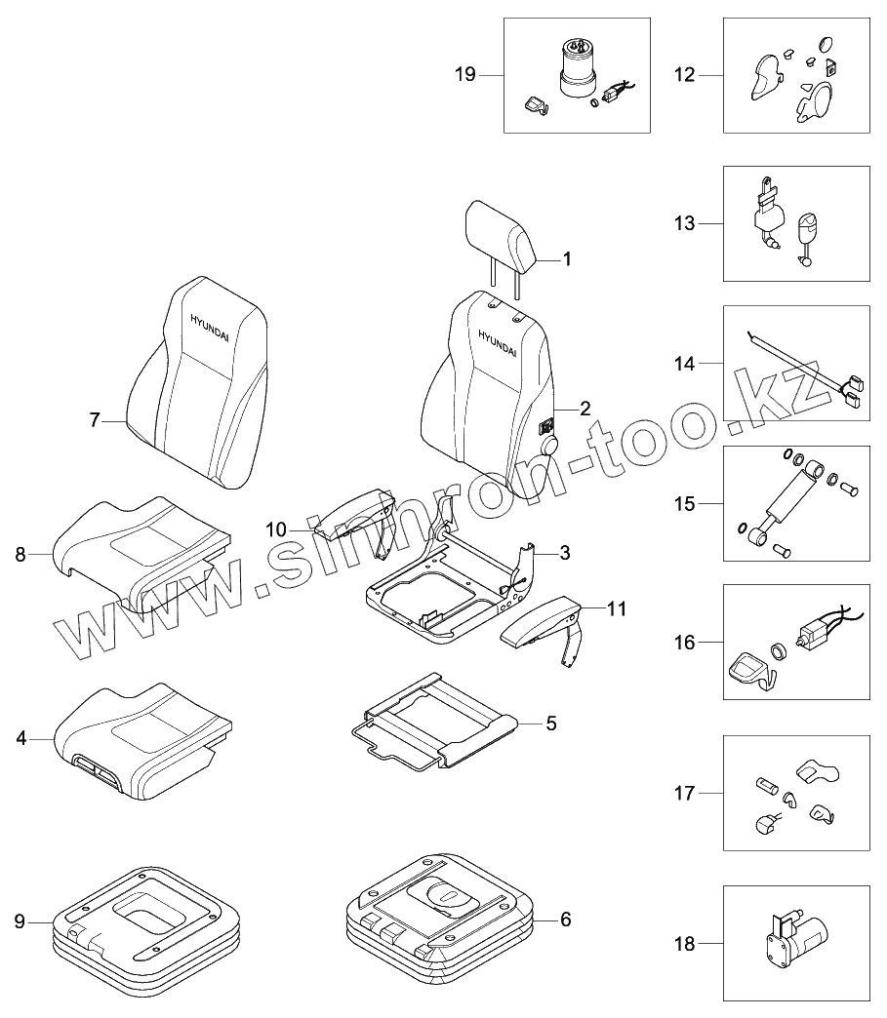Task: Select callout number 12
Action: [x=684, y=75]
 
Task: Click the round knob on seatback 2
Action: [x=548, y=446]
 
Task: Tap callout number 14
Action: [x=684, y=364]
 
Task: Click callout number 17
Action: [x=684, y=794]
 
